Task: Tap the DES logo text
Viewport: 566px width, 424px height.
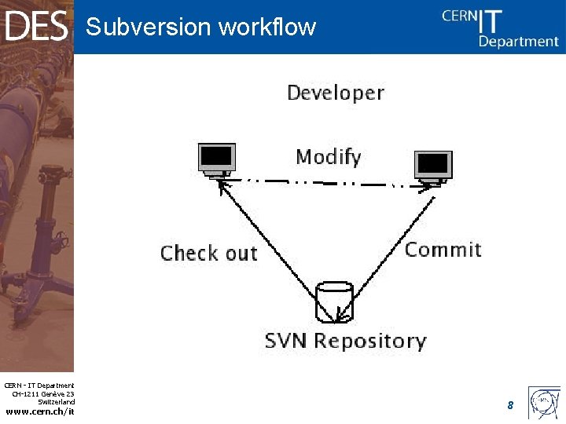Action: coord(36,27)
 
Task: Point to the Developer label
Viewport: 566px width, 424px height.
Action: coord(336,93)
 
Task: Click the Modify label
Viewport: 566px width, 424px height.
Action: coord(329,157)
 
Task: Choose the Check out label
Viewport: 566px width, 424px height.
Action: coord(208,254)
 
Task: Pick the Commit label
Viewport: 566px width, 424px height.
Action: coord(443,250)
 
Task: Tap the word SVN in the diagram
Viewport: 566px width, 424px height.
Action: coord(289,341)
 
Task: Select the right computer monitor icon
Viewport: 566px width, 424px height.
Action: coord(434,167)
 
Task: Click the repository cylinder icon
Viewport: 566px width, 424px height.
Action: coord(335,302)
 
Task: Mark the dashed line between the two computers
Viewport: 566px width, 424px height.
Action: coord(322,183)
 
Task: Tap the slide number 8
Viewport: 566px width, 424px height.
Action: coord(510,405)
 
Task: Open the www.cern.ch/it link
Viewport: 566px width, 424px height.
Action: coord(40,411)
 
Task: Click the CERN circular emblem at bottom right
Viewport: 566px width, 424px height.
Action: coord(545,403)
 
